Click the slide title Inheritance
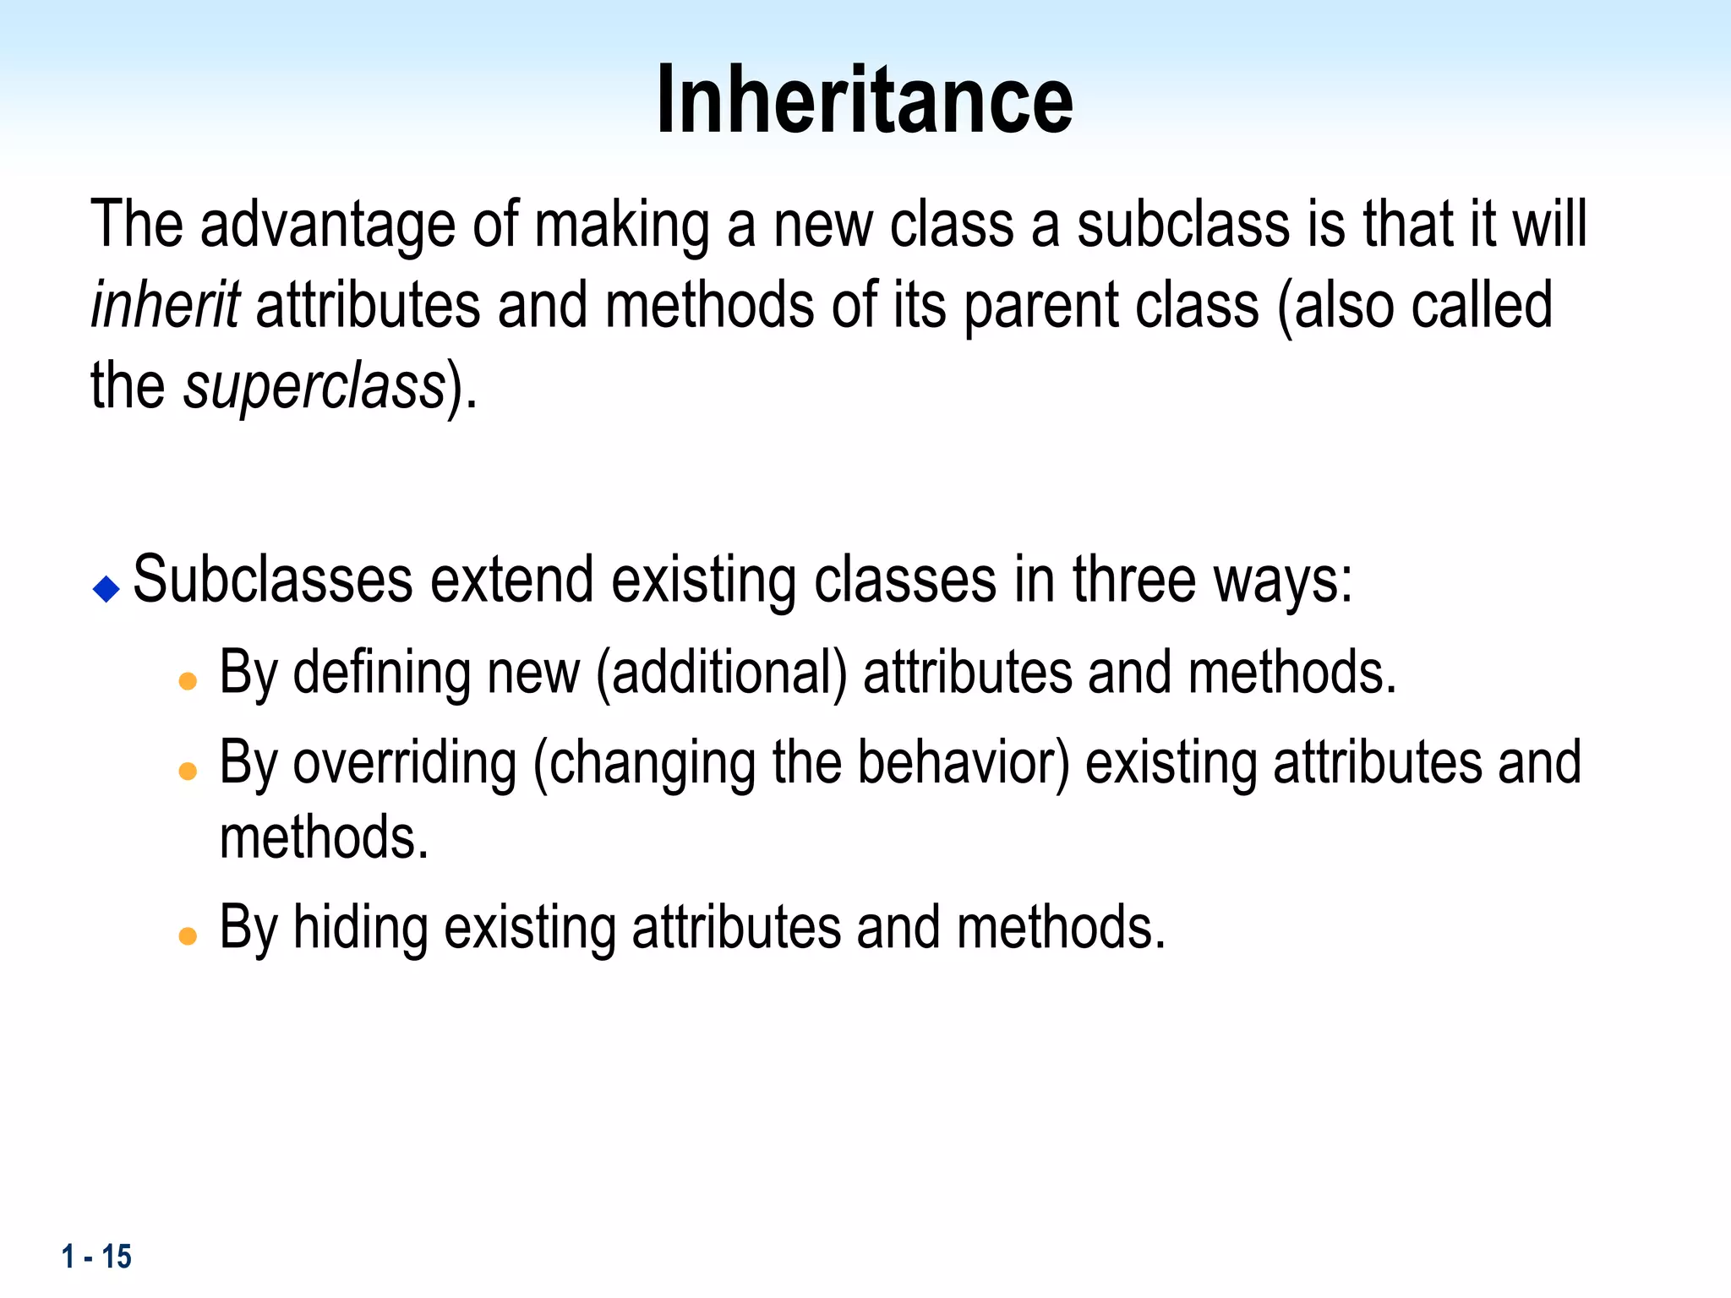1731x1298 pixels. [865, 100]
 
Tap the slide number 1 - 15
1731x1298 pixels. [96, 1257]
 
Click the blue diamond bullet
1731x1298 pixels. [106, 588]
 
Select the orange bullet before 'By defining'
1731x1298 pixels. [188, 680]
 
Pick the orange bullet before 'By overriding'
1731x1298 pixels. [188, 770]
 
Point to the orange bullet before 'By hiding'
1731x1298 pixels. [188, 935]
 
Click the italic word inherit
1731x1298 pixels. [165, 304]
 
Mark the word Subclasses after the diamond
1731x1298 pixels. [273, 581]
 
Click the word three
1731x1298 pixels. [1133, 581]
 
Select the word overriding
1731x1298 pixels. [405, 762]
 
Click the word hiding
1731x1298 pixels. [360, 927]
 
